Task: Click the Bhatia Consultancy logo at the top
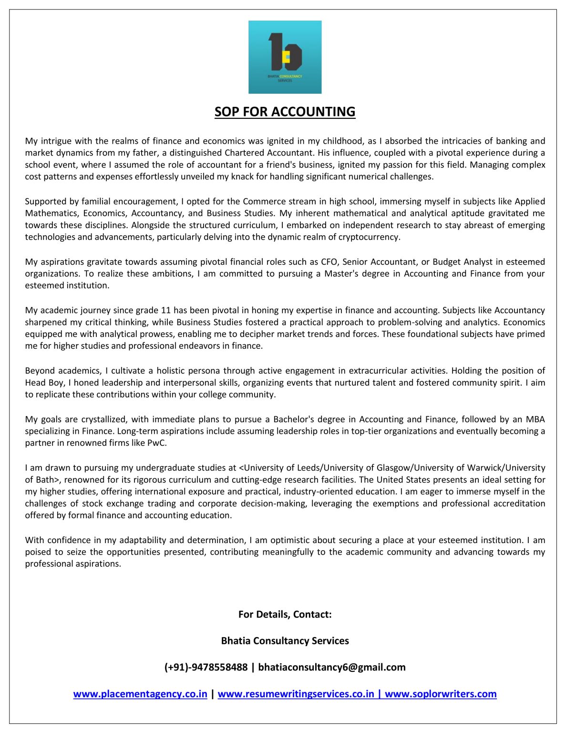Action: (x=285, y=57)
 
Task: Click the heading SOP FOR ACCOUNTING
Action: (x=285, y=112)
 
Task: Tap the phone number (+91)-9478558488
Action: (x=206, y=667)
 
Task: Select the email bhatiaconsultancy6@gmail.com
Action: (x=332, y=667)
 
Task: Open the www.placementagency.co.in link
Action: (x=140, y=694)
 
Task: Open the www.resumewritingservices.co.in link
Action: (x=296, y=694)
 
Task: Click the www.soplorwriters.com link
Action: (x=441, y=694)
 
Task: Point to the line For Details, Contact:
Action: (x=285, y=614)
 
